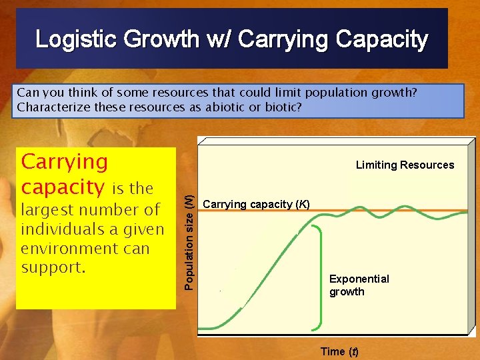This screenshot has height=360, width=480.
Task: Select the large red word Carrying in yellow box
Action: [65, 162]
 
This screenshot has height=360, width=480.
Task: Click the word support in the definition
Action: [51, 268]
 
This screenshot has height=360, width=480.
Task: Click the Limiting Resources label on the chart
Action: [405, 165]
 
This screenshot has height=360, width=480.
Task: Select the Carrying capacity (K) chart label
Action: [256, 204]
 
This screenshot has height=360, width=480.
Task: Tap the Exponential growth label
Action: [359, 285]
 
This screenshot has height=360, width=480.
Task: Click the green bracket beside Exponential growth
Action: [320, 267]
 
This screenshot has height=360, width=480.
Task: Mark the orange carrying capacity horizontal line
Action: [400, 211]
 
